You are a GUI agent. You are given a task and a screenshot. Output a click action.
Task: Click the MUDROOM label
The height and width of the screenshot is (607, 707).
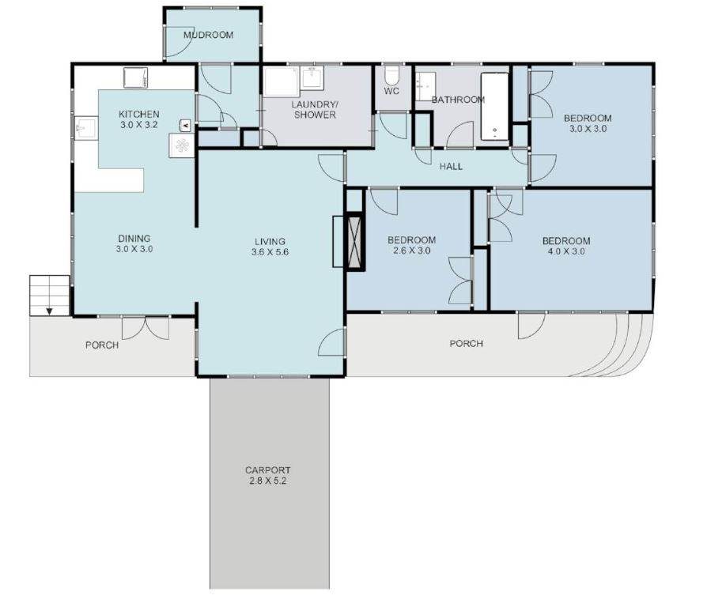pos(208,35)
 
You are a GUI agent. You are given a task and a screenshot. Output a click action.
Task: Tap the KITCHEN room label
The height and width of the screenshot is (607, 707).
pos(139,114)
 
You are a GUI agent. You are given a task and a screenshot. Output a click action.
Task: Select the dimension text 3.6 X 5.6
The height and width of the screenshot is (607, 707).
pos(270,252)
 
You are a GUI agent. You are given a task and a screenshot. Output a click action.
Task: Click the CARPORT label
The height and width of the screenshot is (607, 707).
pos(268,470)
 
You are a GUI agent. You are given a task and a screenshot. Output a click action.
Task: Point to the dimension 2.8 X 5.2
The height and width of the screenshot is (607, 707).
pos(268,481)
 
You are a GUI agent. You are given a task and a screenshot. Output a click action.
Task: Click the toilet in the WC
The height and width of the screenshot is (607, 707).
pos(391,75)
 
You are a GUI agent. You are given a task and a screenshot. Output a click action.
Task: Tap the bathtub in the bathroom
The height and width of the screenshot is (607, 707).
pos(494,107)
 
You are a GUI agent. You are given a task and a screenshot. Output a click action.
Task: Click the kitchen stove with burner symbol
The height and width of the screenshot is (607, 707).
pos(182,145)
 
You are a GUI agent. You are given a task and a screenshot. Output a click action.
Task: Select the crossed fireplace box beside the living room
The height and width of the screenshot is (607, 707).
pos(355,242)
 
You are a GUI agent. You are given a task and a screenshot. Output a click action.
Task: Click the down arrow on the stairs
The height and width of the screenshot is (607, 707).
pos(49,311)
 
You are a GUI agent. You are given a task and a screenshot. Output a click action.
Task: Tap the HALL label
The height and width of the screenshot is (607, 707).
pos(451,166)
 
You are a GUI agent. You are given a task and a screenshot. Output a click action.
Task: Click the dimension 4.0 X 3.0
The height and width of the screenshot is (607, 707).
pos(566,251)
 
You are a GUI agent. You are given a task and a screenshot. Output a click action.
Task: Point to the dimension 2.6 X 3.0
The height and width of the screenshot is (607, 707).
pos(412,251)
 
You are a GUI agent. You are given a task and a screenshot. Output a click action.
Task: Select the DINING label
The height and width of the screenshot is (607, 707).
pos(134,239)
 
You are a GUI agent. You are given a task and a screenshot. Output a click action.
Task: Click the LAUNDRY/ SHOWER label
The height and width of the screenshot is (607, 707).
pos(315,110)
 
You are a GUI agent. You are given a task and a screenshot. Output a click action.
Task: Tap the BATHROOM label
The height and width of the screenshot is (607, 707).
pos(458,100)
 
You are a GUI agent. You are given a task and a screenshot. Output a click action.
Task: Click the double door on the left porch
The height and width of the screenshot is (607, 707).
pos(146,328)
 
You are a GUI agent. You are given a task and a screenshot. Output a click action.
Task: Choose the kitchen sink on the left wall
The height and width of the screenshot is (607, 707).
pos(86,128)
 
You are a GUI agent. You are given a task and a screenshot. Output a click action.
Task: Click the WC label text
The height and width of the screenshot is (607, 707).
pos(391,91)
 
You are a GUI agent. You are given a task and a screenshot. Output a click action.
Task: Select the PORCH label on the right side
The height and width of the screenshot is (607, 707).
pos(467,343)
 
